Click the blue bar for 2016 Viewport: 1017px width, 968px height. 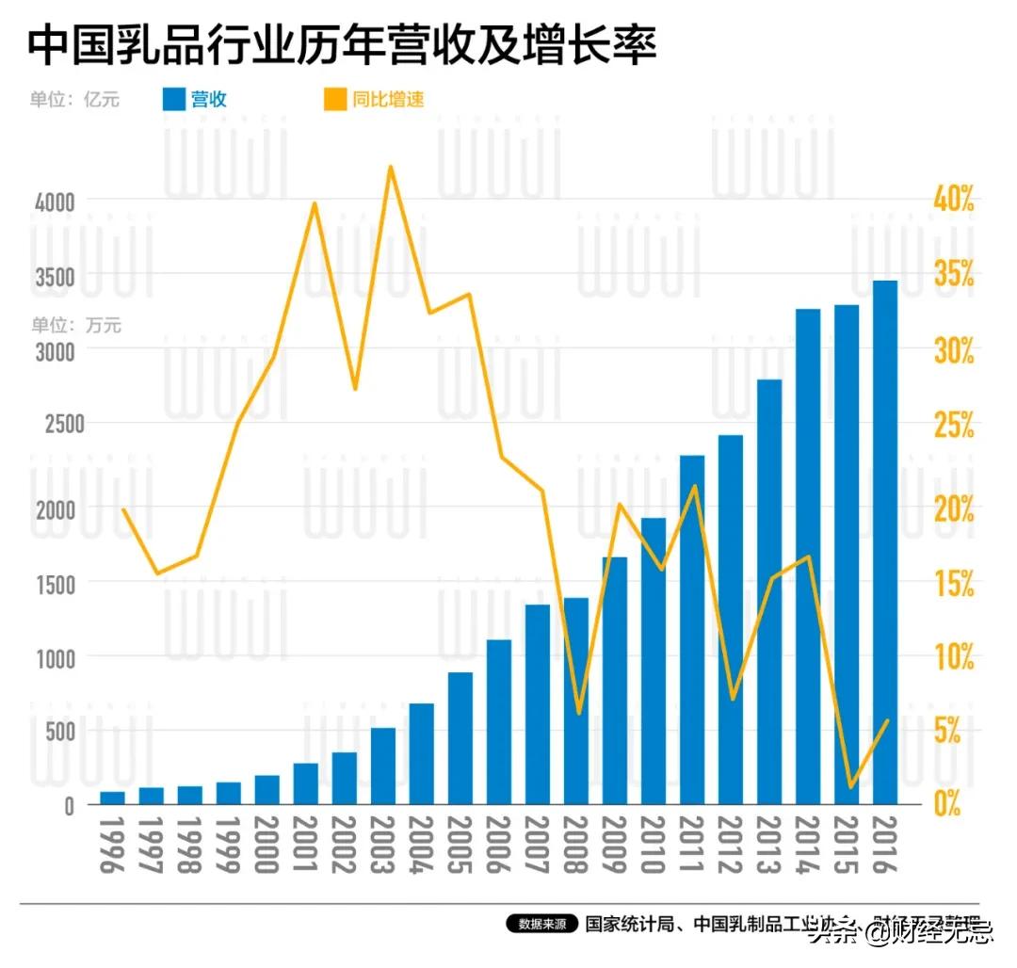coord(884,542)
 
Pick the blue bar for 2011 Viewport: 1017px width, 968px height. coord(692,629)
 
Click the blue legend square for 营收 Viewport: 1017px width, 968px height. coord(173,99)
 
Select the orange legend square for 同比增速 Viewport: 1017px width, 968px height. coord(334,99)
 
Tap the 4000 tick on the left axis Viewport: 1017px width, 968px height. coord(53,201)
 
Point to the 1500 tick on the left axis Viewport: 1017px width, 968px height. coord(53,583)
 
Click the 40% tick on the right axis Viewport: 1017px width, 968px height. coord(953,201)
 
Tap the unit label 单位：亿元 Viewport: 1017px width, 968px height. coord(74,99)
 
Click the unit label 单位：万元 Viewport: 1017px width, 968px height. coord(76,326)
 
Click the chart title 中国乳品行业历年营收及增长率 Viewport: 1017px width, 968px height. coord(341,45)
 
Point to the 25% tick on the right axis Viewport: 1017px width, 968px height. coord(953,426)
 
